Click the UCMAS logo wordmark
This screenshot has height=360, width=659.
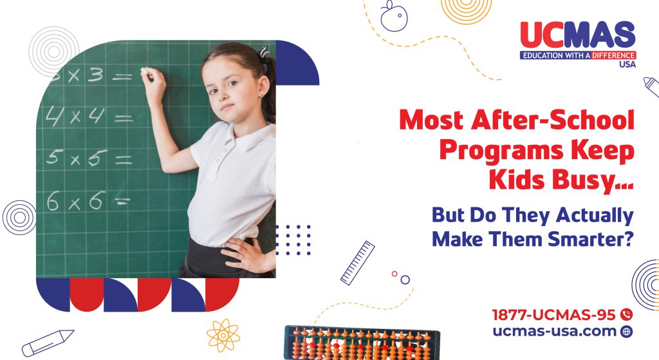click(x=577, y=35)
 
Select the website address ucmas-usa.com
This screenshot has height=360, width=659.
click(x=554, y=332)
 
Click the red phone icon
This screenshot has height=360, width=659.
click(x=626, y=315)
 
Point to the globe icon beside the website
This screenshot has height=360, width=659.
click(x=626, y=332)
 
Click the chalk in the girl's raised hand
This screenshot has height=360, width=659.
click(x=146, y=72)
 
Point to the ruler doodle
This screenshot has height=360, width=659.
click(x=357, y=263)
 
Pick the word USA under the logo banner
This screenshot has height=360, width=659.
click(x=623, y=65)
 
